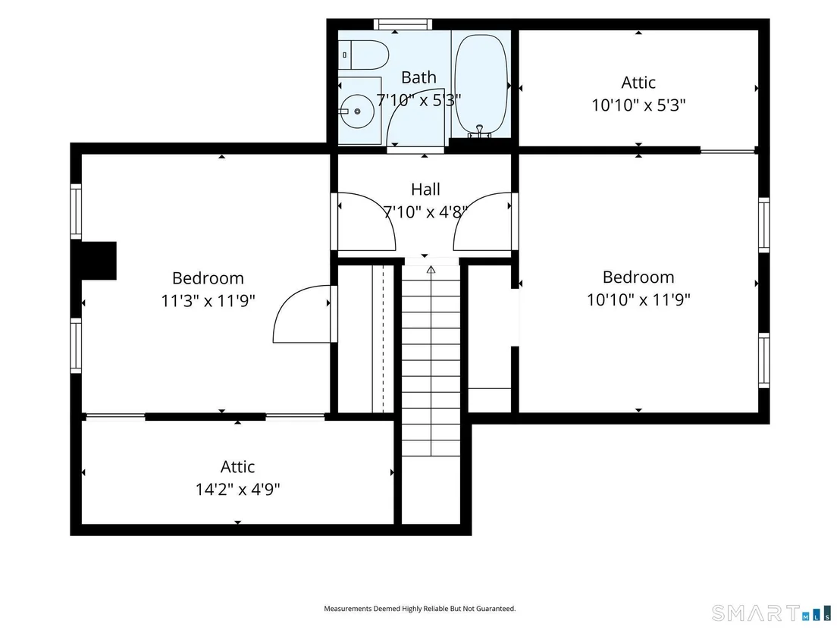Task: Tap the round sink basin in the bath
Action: pos(357,111)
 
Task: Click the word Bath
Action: pos(418,77)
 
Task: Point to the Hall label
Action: pos(425,189)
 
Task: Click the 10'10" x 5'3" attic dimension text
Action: pos(638,105)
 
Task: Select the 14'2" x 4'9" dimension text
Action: pos(237,489)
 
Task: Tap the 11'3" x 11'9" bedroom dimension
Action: pos(208,300)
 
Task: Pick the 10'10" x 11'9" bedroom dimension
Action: pos(638,299)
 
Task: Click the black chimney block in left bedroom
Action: pos(98,260)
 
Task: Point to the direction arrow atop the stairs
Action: pos(431,269)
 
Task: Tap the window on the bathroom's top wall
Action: pos(403,24)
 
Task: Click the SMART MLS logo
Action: pos(772,613)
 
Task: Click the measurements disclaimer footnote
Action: pos(419,609)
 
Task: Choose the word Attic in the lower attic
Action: pos(237,466)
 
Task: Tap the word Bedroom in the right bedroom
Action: pos(638,277)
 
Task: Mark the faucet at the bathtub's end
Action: pos(480,130)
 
